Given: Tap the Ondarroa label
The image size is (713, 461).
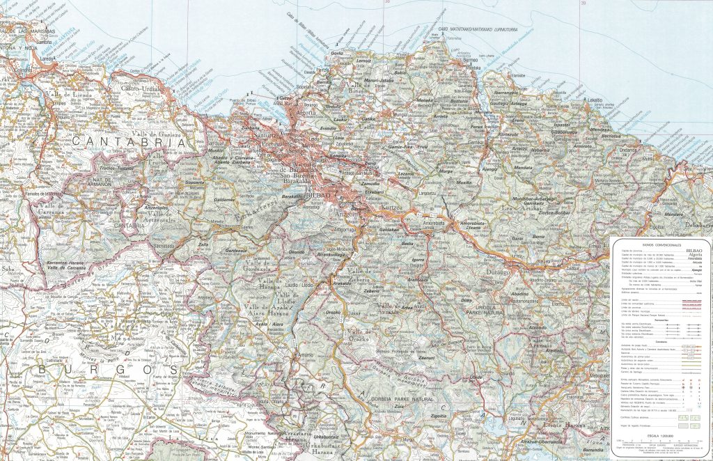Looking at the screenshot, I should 629,148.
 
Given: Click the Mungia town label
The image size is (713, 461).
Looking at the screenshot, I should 399,114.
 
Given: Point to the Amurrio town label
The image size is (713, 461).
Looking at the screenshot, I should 306,355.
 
